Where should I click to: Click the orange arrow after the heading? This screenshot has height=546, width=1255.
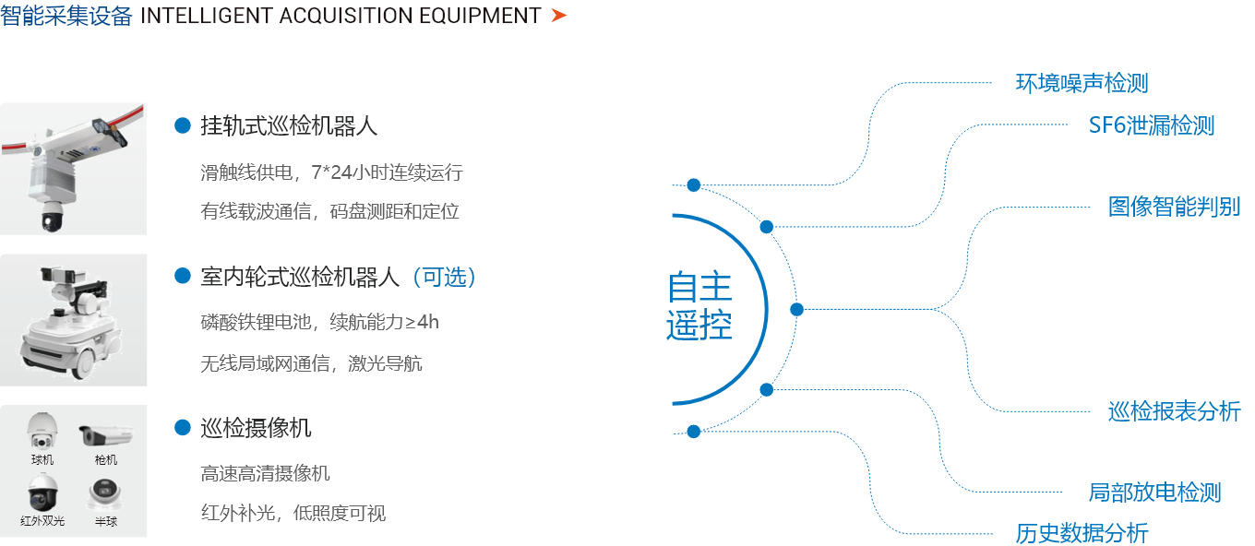[558, 16]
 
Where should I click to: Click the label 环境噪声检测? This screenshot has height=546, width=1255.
[1082, 83]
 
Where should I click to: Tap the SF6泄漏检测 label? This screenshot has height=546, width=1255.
[1152, 125]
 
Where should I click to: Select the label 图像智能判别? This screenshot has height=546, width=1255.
[1175, 207]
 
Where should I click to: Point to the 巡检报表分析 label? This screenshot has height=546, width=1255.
[1175, 411]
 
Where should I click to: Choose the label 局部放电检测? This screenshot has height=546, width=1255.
[1154, 493]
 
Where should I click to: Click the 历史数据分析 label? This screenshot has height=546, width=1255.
[1082, 533]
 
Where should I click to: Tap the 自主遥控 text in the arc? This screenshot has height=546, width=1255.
[699, 306]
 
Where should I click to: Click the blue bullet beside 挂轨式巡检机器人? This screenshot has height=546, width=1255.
[183, 125]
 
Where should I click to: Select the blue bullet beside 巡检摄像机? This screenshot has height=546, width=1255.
[183, 428]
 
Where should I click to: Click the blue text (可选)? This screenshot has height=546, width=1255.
[445, 278]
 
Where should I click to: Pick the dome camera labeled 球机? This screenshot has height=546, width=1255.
[42, 431]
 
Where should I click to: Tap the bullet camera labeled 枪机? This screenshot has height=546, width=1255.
[106, 435]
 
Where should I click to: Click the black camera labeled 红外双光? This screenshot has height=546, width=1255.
[43, 493]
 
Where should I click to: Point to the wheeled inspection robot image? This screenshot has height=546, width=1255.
[72, 321]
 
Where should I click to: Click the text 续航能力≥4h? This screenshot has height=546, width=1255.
[384, 322]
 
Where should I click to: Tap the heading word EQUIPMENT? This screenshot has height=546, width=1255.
[480, 16]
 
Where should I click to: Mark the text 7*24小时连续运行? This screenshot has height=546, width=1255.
[388, 172]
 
